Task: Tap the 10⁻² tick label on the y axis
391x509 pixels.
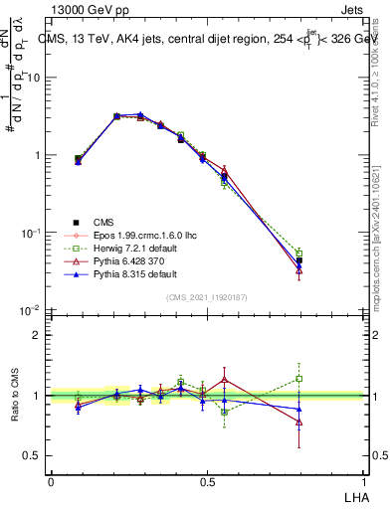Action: pyautogui.click(x=30, y=310)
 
